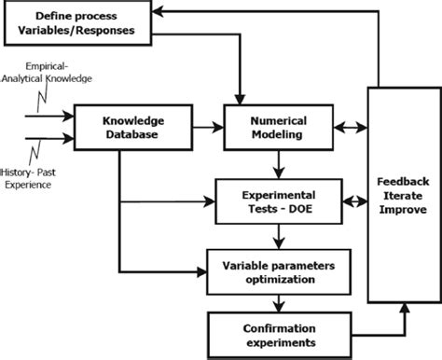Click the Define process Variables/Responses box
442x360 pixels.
pyautogui.click(x=76, y=23)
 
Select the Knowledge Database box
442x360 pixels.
pyautogui.click(x=119, y=127)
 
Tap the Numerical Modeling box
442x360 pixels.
pyautogui.click(x=277, y=127)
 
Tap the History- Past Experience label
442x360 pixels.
pyautogui.click(x=41, y=178)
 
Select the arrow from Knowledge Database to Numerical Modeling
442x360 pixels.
pyautogui.click(x=194, y=127)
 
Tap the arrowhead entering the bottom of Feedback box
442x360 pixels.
pyautogui.click(x=404, y=310)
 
